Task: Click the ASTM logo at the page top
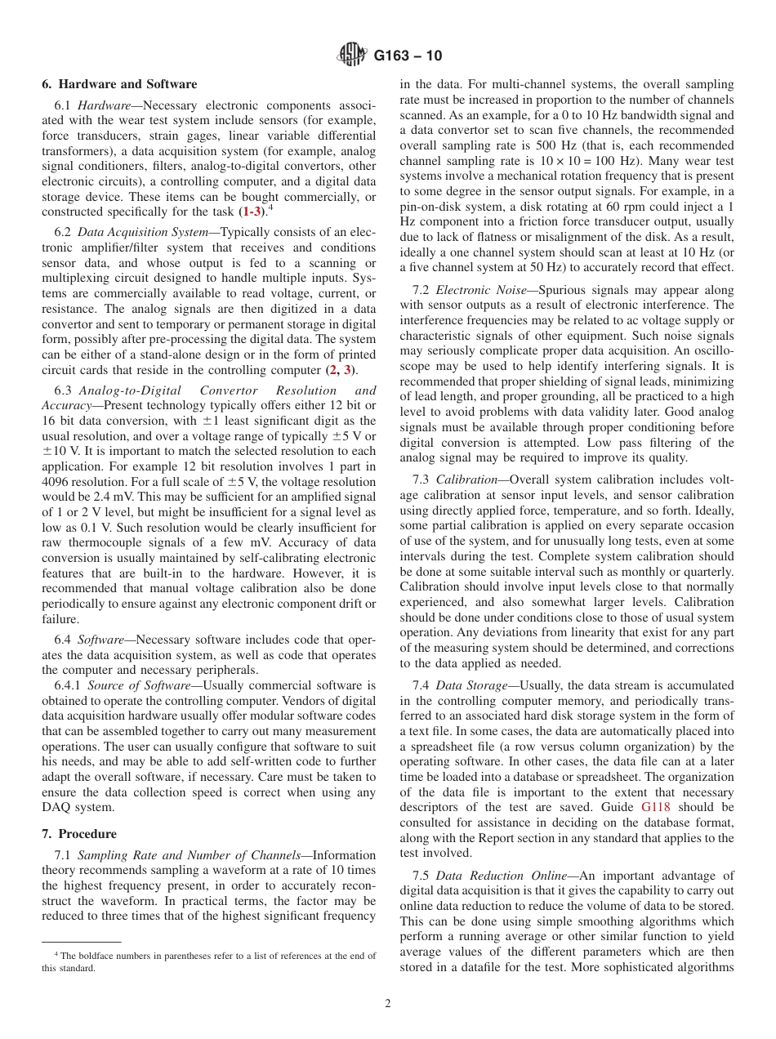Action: [352, 56]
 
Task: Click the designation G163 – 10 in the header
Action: [408, 56]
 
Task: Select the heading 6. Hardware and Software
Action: [119, 84]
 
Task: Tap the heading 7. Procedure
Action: [79, 834]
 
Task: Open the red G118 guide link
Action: [657, 806]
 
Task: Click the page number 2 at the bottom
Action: [388, 1004]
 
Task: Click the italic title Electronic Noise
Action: [472, 290]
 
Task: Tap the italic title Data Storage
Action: [471, 685]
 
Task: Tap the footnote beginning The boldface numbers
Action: [208, 961]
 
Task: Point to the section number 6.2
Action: [63, 233]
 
